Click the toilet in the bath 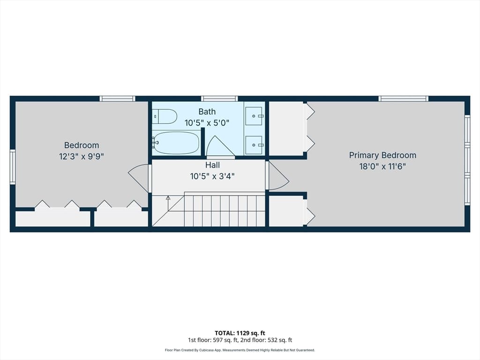pyautogui.click(x=165, y=117)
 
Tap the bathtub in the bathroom pyautogui.click(x=176, y=143)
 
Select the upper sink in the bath pyautogui.click(x=254, y=116)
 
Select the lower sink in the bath pyautogui.click(x=254, y=145)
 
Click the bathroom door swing pyautogui.click(x=220, y=146)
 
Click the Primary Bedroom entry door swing pyautogui.click(x=278, y=176)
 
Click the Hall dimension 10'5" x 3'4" pyautogui.click(x=212, y=176)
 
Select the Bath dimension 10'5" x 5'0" pyautogui.click(x=207, y=123)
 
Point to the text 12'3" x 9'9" pyautogui.click(x=82, y=157)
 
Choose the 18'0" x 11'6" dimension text pyautogui.click(x=382, y=166)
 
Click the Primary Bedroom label pyautogui.click(x=382, y=155)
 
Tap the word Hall pyautogui.click(x=212, y=165)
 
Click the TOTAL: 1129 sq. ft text pyautogui.click(x=240, y=333)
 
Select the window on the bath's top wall pyautogui.click(x=219, y=98)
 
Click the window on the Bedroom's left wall pyautogui.click(x=13, y=167)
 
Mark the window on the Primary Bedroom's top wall pyautogui.click(x=404, y=98)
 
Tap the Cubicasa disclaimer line pyautogui.click(x=240, y=350)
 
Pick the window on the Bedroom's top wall pyautogui.click(x=117, y=98)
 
